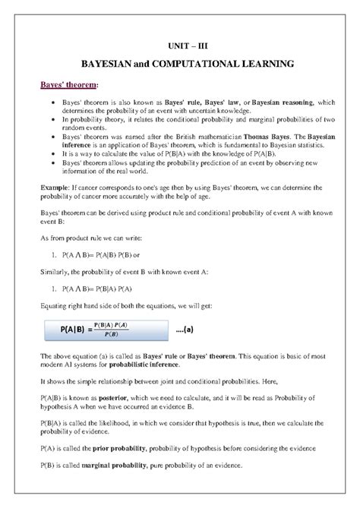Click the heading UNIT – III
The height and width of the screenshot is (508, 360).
(181, 46)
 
